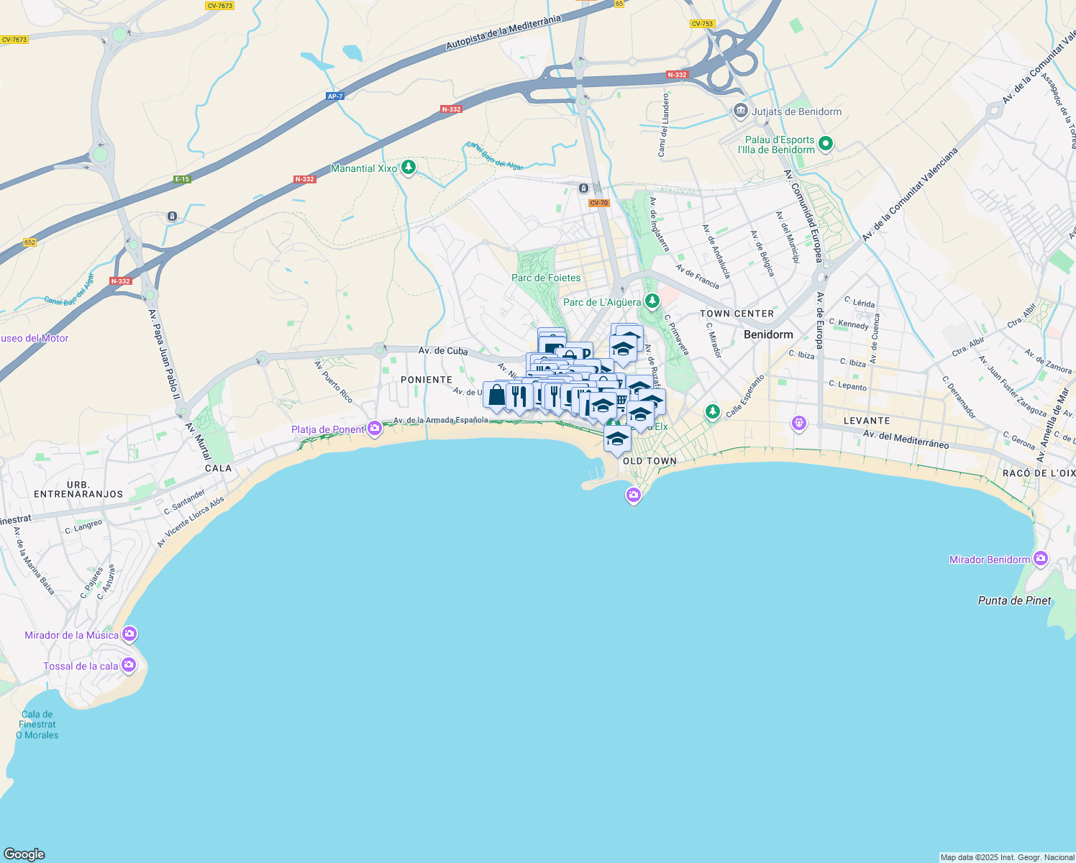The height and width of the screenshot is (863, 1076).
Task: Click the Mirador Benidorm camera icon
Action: (1040, 559)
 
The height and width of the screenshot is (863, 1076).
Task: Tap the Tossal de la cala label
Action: (81, 666)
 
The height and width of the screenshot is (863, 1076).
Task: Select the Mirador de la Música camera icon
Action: (129, 634)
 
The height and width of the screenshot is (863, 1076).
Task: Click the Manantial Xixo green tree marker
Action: (409, 168)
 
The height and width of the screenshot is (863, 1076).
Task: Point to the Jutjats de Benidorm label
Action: (796, 111)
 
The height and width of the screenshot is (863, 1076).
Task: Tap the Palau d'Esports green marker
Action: (826, 144)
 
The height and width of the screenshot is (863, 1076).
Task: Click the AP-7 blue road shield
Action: (335, 96)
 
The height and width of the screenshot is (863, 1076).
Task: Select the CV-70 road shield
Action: (598, 203)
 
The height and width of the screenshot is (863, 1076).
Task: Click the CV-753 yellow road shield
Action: (702, 24)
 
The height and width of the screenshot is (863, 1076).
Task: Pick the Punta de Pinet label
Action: (1014, 601)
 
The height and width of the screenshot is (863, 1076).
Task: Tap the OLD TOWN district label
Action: (649, 461)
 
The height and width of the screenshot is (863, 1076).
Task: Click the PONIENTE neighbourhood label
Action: (427, 380)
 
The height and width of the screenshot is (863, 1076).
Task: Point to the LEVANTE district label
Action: (867, 421)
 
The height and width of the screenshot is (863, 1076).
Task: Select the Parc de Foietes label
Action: (546, 278)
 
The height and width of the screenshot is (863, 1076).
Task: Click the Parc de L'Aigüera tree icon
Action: (652, 301)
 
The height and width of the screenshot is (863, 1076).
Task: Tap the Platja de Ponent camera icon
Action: (375, 429)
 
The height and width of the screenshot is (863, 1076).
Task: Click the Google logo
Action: (24, 854)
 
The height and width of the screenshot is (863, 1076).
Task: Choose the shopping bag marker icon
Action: (496, 395)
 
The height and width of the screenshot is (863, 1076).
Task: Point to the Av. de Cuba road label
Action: (443, 351)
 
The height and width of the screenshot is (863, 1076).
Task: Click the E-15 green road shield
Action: (182, 179)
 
